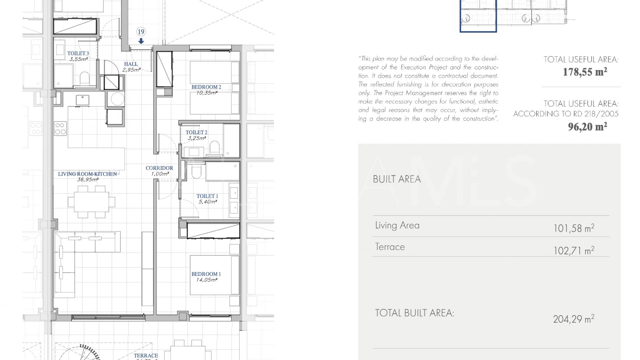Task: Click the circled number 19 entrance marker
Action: tap(141, 32)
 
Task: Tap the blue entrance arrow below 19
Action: tap(141, 41)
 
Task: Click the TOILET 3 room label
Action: tap(78, 53)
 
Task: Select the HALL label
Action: tap(131, 64)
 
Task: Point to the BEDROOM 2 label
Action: tap(206, 87)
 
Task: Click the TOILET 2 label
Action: tap(196, 132)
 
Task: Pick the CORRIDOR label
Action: tap(159, 168)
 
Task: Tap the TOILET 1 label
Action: tap(207, 196)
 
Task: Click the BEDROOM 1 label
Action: tap(206, 274)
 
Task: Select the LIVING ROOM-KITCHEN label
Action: tap(87, 174)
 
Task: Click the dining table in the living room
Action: tap(92, 202)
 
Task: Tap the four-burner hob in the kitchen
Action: tap(60, 129)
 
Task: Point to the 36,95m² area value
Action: tap(88, 180)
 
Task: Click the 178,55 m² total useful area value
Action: tap(585, 72)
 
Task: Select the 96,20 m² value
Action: tap(587, 127)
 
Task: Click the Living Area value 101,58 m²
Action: tap(574, 228)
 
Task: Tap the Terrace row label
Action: tap(390, 247)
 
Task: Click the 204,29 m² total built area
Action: tap(574, 319)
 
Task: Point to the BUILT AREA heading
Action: tap(397, 179)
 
